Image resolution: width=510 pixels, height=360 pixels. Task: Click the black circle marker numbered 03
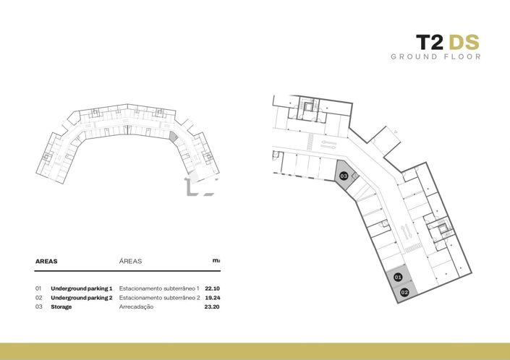tap(344, 176)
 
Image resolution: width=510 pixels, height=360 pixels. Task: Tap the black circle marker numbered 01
tap(398, 277)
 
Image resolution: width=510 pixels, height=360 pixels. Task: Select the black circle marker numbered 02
tap(404, 293)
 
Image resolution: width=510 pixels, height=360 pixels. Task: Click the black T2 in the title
tap(430, 42)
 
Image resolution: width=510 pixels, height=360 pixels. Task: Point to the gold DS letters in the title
tap(464, 42)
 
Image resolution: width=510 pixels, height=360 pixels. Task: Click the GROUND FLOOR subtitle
tap(435, 57)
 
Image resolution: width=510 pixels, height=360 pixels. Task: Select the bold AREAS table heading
tap(46, 261)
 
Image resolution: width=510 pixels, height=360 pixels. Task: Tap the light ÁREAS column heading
tap(130, 261)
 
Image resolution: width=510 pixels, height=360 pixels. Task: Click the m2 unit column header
tap(216, 260)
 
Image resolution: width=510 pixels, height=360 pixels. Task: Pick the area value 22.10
tap(212, 288)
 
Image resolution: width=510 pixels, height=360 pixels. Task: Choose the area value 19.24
tap(213, 298)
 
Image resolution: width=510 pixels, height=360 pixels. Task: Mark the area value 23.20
tap(212, 307)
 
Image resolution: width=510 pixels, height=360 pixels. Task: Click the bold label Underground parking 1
tap(82, 288)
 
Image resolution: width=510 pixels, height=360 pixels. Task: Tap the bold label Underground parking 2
tap(82, 298)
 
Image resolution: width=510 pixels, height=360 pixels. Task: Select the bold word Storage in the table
tap(61, 307)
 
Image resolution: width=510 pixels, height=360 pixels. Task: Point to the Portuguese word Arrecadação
tap(136, 307)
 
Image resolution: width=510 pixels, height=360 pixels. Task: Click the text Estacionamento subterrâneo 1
tap(159, 288)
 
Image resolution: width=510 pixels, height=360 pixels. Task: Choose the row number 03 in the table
tap(39, 307)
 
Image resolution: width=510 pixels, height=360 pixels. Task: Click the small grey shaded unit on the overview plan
tap(174, 137)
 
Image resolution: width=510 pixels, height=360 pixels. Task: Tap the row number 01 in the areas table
tap(38, 288)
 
